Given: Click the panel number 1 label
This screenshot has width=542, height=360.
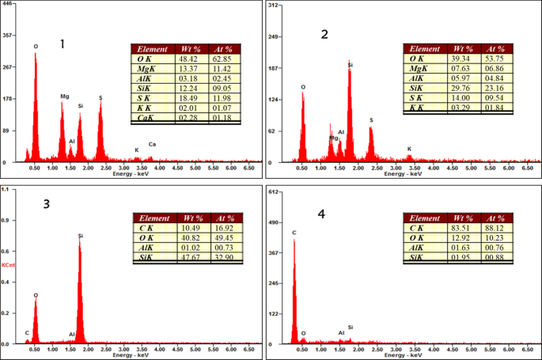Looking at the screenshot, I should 63,44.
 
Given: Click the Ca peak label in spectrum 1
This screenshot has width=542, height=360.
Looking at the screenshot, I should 153,144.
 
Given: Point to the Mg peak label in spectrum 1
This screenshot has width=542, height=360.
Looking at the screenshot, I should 65,97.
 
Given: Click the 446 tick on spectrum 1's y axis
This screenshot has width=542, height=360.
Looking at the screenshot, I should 8,4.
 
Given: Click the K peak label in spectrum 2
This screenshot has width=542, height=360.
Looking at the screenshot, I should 409,148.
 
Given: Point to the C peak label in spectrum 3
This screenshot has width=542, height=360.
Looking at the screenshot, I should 26,332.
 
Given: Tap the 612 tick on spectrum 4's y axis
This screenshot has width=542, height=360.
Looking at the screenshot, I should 275,191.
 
